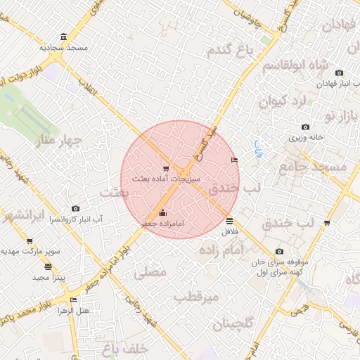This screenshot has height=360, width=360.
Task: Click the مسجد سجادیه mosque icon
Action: (x=64, y=37)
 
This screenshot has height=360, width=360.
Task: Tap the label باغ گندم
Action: (x=230, y=50)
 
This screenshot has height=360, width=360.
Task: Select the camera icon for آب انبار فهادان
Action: (x=340, y=72)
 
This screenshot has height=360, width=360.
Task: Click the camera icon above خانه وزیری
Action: (x=305, y=127)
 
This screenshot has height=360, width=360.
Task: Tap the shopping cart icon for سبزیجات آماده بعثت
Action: (x=166, y=168)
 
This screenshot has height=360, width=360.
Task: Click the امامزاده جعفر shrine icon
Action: (x=163, y=212)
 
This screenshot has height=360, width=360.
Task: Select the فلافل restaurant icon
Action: (x=230, y=221)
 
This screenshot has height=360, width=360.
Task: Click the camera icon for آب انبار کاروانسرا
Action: (x=75, y=208)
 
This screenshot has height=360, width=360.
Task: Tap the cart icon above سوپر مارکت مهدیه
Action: (x=30, y=241)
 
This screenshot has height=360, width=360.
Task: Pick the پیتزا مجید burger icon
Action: (x=48, y=266)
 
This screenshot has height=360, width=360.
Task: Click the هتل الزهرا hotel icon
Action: (x=72, y=300)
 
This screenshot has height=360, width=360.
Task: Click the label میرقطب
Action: (x=197, y=297)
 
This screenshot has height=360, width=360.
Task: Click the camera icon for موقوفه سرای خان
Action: (x=279, y=251)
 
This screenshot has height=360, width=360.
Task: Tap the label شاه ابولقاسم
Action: (x=295, y=66)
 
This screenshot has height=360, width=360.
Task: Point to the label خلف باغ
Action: (x=123, y=348)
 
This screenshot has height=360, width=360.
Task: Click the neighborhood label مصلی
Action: (x=150, y=271)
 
